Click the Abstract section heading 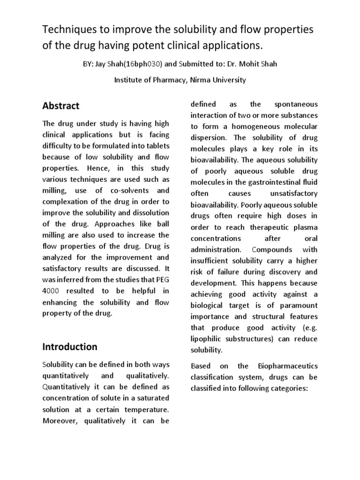[x=61, y=106]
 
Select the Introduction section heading [x=70, y=347]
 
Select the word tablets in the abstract [x=153, y=146]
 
